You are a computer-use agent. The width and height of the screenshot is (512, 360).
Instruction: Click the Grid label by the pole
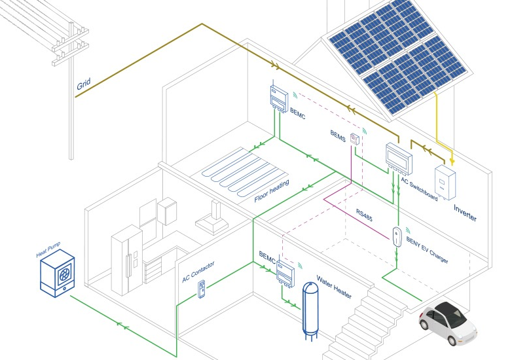click(x=84, y=84)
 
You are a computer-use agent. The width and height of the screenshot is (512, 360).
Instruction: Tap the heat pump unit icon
click(x=58, y=273)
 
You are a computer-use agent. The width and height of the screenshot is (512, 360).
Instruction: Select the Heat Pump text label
click(x=48, y=249)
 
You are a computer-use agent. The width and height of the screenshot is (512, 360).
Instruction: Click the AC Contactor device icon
click(x=202, y=289)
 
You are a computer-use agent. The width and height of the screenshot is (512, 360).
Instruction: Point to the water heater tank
click(x=310, y=312)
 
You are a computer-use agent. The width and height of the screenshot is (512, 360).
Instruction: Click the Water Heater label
click(x=334, y=287)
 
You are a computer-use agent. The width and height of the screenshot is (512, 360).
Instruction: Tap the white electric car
click(x=447, y=322)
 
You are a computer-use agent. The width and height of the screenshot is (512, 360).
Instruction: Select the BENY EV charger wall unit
click(x=397, y=237)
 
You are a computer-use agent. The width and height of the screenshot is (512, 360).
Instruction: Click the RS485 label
click(x=364, y=215)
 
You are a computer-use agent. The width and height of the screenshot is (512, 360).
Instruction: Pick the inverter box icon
click(x=445, y=182)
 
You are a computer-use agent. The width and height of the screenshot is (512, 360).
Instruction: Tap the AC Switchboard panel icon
click(x=399, y=158)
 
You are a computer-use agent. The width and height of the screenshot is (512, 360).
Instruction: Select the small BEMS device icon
click(x=355, y=139)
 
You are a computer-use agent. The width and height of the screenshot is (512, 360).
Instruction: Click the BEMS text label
click(x=338, y=135)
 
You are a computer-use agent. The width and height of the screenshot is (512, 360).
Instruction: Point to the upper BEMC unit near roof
click(x=279, y=98)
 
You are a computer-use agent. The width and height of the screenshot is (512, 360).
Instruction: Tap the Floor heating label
click(x=272, y=191)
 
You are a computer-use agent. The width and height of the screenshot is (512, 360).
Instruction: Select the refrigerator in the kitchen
click(x=127, y=260)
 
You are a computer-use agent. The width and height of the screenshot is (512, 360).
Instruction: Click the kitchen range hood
click(x=212, y=219)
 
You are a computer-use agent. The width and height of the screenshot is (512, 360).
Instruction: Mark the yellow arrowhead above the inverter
click(x=452, y=161)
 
